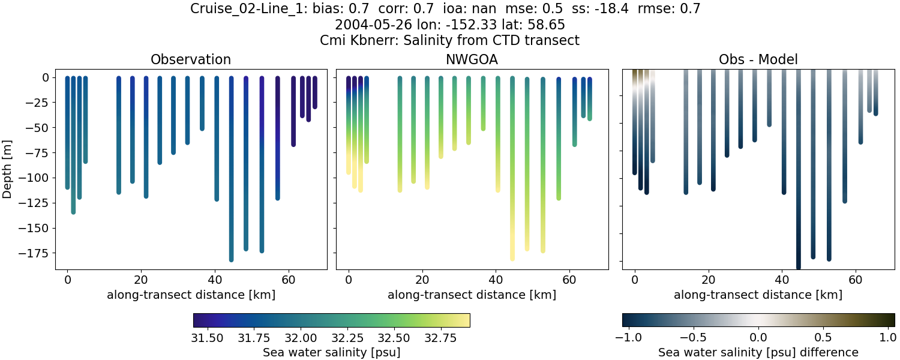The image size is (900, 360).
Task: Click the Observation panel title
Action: click(x=191, y=59)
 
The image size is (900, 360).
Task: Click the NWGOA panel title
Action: click(x=472, y=59)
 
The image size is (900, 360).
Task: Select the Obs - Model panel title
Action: click(x=758, y=59)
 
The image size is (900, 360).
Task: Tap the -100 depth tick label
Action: click(x=37, y=178)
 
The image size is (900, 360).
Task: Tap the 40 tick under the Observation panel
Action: click(x=215, y=280)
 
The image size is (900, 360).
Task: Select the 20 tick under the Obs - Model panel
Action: click(x=709, y=280)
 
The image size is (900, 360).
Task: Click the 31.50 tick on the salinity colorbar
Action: click(x=208, y=338)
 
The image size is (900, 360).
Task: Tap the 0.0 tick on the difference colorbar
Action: click(x=758, y=338)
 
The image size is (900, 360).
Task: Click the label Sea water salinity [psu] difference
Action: click(x=758, y=352)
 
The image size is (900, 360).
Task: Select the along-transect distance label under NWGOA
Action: click(x=472, y=295)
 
